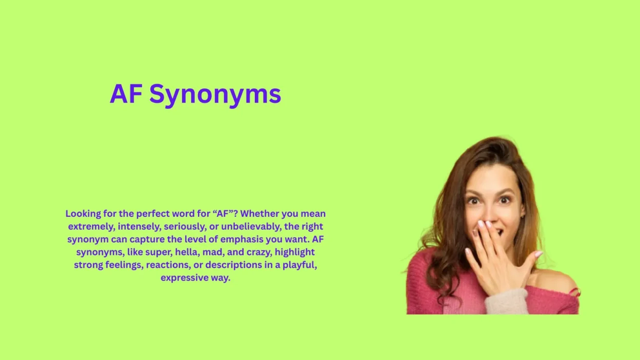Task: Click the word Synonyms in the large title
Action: pos(215,94)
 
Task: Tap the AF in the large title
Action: pos(126,94)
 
